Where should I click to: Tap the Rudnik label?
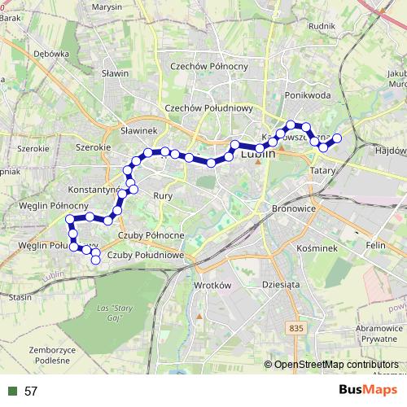point(323,25)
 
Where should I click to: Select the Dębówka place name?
point(51,54)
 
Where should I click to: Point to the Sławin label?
point(116,73)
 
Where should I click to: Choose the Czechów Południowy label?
point(209,107)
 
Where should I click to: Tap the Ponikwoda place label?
point(307,94)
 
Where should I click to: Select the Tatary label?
point(324,170)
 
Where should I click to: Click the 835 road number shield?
point(296,327)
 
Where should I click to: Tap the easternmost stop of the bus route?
point(337,139)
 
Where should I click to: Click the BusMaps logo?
point(367,390)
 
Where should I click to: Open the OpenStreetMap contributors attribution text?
point(336,364)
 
